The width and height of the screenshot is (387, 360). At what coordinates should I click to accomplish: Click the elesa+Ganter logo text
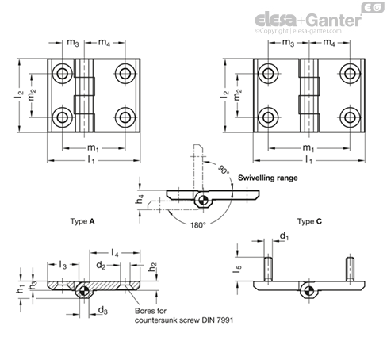click(308, 20)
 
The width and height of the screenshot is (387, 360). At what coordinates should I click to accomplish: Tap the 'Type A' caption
click(82, 221)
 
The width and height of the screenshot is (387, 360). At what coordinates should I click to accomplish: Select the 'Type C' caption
click(309, 221)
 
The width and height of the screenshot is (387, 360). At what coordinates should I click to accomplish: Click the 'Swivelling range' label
click(268, 178)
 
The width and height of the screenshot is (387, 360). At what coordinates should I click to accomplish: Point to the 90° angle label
click(224, 170)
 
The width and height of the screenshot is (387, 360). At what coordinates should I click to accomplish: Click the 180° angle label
click(197, 225)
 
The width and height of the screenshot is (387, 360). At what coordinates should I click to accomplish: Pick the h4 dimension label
click(140, 199)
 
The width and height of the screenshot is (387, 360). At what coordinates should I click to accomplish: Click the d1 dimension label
click(285, 236)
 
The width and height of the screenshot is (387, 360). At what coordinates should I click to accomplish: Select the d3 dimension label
click(103, 310)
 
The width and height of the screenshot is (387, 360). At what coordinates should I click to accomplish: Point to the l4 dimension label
click(114, 253)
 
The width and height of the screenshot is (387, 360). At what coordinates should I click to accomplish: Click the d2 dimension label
click(101, 265)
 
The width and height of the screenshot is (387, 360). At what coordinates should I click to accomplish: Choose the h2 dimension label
click(152, 267)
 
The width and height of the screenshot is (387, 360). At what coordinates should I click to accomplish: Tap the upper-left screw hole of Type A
click(63, 74)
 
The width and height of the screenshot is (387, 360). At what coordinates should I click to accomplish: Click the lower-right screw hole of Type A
click(125, 117)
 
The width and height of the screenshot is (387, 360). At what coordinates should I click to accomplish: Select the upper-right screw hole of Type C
click(350, 74)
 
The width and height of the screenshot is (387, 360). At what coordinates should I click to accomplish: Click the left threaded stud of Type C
click(268, 269)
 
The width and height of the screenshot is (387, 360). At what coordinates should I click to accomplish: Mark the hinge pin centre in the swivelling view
click(203, 200)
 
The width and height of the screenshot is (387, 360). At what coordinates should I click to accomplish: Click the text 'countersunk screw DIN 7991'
click(184, 320)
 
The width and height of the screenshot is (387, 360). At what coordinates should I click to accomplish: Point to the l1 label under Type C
click(308, 159)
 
